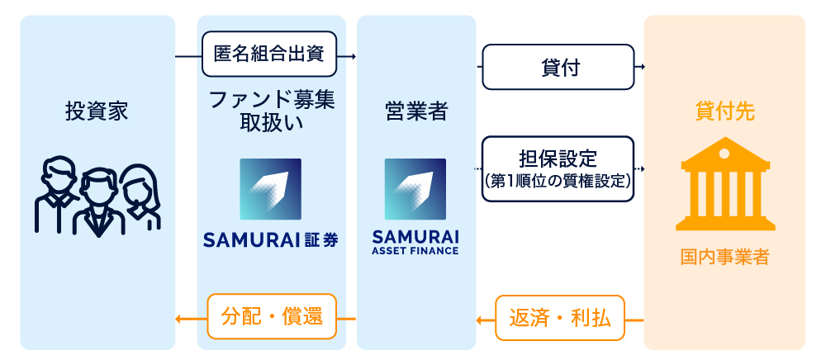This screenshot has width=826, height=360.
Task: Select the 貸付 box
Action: point(558,68)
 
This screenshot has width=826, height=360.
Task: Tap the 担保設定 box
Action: point(558,168)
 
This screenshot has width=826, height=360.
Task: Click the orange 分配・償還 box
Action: point(272,317)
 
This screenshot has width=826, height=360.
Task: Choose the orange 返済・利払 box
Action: point(559,317)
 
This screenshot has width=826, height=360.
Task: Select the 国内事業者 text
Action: point(724,258)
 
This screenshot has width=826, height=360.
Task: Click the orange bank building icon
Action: point(724,188)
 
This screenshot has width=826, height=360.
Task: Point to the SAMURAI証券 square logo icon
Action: point(270,189)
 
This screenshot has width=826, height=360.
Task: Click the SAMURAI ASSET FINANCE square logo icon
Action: point(415,189)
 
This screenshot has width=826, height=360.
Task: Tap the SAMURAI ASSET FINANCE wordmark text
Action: point(415,241)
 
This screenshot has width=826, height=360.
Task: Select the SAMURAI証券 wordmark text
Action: point(270,240)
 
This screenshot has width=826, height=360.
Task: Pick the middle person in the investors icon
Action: point(97,202)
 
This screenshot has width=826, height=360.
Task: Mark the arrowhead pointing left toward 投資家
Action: point(178,318)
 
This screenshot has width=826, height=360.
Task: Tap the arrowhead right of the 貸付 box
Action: point(640,68)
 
